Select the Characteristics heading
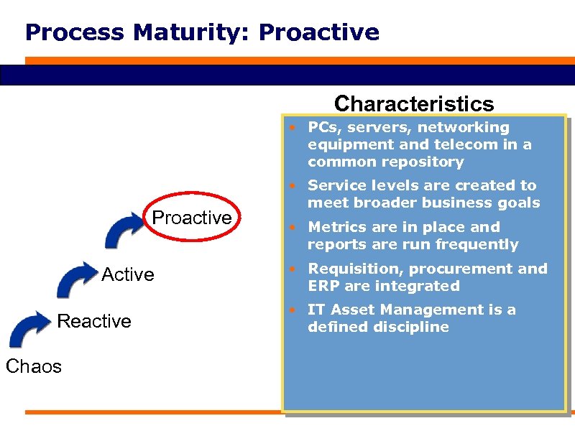414,103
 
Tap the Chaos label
34,366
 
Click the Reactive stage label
94,321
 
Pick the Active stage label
128,274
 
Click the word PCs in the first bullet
323,128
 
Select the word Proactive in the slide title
318,32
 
